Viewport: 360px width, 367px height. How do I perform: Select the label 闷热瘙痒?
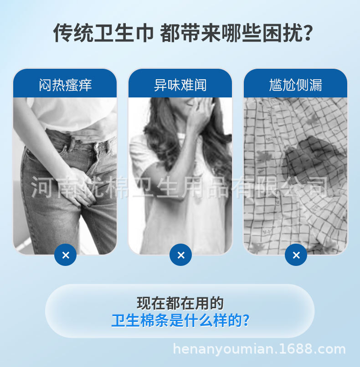[x=65, y=85]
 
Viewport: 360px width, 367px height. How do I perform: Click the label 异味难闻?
[x=180, y=85]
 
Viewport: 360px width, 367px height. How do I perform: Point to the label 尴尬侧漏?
[x=295, y=85]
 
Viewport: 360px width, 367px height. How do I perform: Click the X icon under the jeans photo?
[x=65, y=255]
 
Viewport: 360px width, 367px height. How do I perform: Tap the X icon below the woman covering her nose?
[x=180, y=255]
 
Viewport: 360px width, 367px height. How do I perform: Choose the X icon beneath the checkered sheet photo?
[x=296, y=255]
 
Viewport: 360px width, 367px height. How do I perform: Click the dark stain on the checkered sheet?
[x=310, y=157]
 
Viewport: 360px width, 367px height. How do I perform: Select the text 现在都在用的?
[x=180, y=303]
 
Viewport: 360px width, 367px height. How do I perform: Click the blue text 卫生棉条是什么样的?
[x=180, y=321]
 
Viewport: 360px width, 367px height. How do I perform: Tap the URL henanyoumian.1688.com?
[x=260, y=350]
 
